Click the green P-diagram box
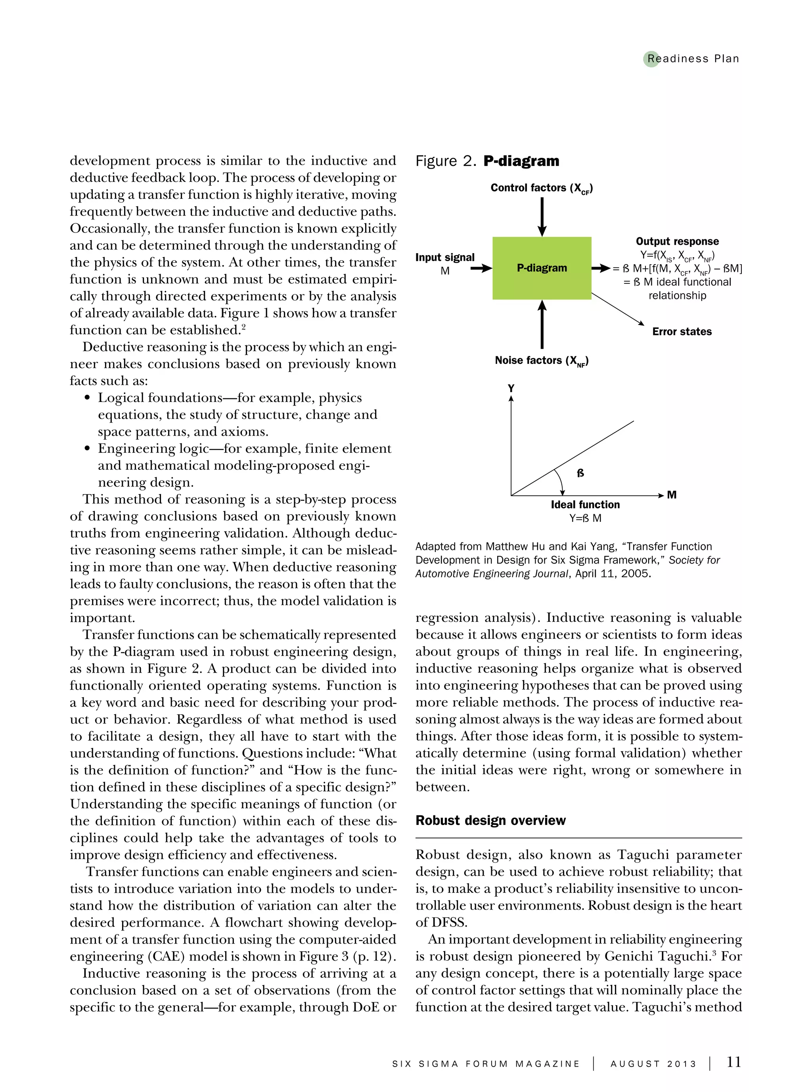(x=542, y=268)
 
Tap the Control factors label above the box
(x=542, y=188)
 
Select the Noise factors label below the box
(x=542, y=361)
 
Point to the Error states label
(x=682, y=332)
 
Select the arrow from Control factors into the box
(x=542, y=216)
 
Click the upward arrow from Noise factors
(x=542, y=325)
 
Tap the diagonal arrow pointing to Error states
(x=618, y=309)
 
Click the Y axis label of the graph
(x=511, y=388)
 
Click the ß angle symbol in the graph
(x=580, y=473)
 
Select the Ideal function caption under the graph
(x=585, y=505)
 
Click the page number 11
(x=733, y=1063)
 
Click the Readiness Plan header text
(x=693, y=59)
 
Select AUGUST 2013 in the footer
(x=653, y=1064)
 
